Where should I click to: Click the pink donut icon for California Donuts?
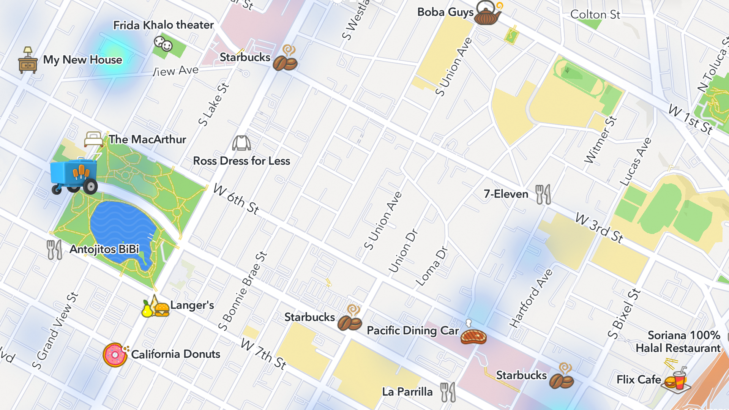115,355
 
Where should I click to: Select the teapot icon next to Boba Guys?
488,14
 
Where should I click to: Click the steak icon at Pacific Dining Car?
473,336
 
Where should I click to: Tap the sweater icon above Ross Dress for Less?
241,143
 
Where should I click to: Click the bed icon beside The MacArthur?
93,139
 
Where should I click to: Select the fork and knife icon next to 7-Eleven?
543,194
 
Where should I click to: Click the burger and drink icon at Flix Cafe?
676,379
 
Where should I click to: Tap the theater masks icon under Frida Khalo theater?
163,44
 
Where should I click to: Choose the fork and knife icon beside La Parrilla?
448,392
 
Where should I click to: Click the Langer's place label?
192,305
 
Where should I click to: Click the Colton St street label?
595,15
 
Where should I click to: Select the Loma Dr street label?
432,266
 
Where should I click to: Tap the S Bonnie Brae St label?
243,291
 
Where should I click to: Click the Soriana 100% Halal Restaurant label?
678,342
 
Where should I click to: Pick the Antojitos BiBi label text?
104,249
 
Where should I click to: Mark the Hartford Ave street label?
531,298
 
